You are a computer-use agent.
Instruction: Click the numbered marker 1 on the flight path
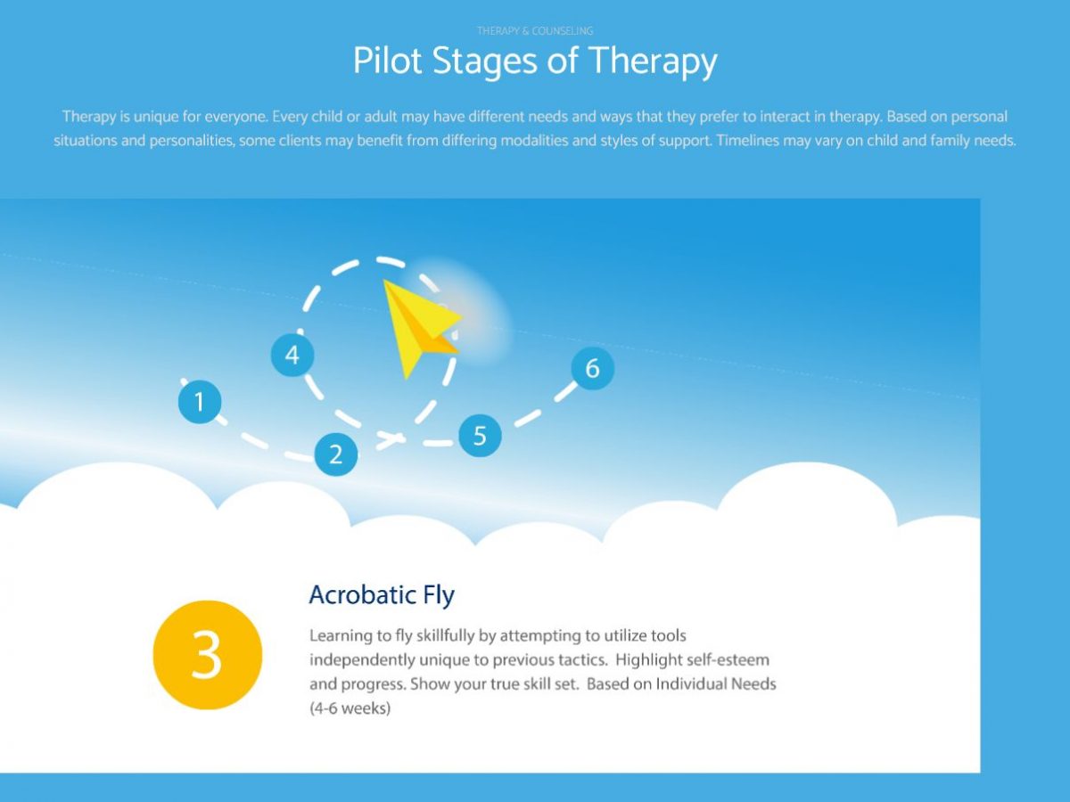200,401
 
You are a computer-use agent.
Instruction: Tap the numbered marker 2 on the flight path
336,454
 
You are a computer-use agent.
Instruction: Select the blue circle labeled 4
292,356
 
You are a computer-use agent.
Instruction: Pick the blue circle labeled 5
480,436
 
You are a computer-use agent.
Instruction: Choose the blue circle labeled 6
593,368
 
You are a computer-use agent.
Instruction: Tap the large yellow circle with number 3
208,655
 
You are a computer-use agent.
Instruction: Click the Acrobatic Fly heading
382,594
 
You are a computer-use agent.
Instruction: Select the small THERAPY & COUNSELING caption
535,31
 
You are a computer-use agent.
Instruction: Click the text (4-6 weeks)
350,709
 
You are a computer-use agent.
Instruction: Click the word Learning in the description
339,636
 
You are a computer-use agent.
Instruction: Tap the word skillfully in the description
444,636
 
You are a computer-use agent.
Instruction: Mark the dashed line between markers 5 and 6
538,411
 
